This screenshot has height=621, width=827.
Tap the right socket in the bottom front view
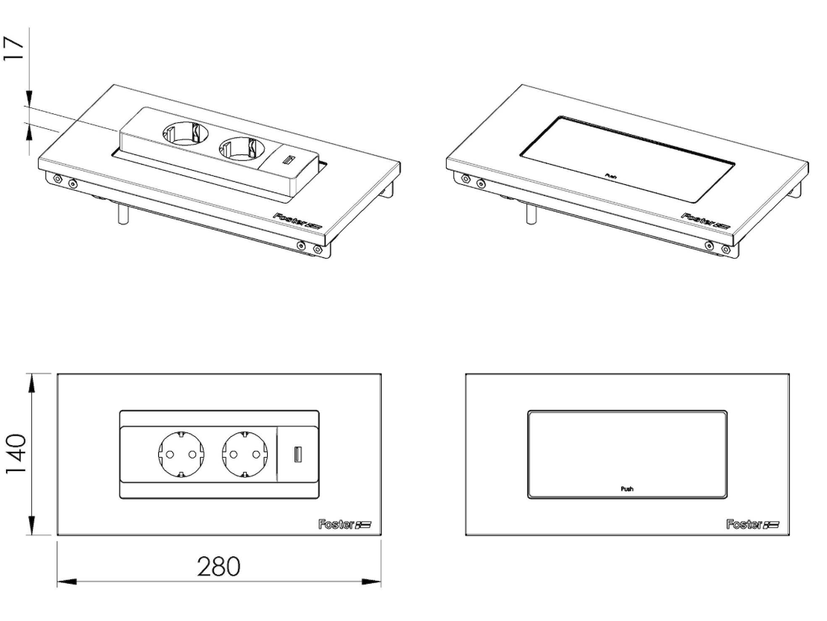tap(243, 454)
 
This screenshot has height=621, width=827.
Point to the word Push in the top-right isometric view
tap(611, 175)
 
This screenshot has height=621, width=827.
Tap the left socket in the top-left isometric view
tap(180, 134)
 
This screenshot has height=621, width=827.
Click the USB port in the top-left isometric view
tap(288, 159)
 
